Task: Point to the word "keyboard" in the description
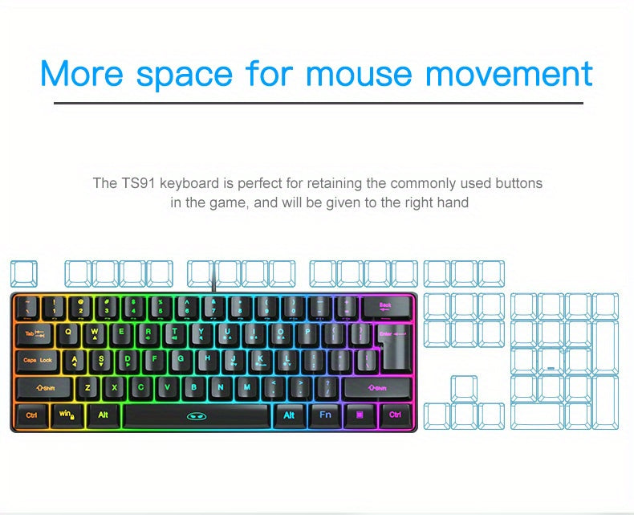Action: pyautogui.click(x=189, y=183)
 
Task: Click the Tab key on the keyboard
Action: pyautogui.click(x=32, y=333)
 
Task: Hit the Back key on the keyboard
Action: pyautogui.click(x=386, y=306)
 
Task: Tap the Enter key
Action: pyautogui.click(x=390, y=333)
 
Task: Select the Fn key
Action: pyautogui.click(x=325, y=415)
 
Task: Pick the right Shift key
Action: pyautogui.click(x=378, y=388)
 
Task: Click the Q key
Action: pyautogui.click(x=67, y=332)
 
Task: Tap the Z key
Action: pyautogui.click(x=87, y=387)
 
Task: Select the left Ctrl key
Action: pyautogui.click(x=31, y=415)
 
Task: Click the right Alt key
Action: pyautogui.click(x=289, y=415)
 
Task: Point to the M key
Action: pyautogui.click(x=246, y=387)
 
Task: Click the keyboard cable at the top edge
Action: pyautogui.click(x=213, y=284)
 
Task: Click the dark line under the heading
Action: pyautogui.click(x=319, y=103)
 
